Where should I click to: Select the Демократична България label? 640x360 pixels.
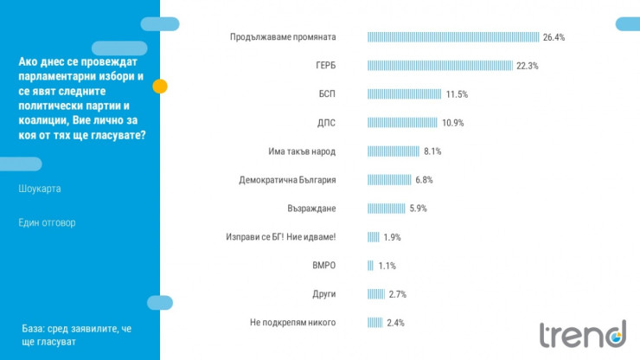tap(287, 180)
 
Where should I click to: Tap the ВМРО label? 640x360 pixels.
tap(323, 266)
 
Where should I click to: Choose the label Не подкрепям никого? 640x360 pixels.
tap(291, 323)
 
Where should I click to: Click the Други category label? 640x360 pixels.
tap(324, 294)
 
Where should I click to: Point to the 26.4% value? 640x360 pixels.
tap(554, 37)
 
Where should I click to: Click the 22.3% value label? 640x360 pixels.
tap(528, 66)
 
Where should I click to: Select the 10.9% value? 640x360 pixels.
tap(453, 123)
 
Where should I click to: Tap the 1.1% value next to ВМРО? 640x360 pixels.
tap(387, 266)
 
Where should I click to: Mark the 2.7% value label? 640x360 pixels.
tap(397, 294)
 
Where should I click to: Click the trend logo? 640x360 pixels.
tap(582, 333)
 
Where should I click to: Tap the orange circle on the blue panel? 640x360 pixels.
tap(160, 86)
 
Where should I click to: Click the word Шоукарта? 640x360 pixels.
tap(40, 189)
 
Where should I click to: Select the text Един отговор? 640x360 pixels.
tap(47, 222)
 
